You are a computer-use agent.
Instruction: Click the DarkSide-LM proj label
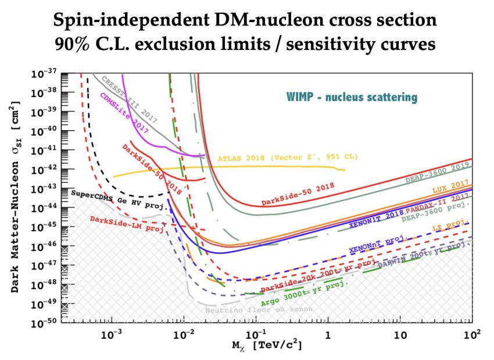click(x=127, y=224)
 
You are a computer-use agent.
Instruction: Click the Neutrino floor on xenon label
click(x=259, y=309)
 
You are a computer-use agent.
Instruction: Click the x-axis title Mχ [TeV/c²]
click(x=269, y=345)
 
